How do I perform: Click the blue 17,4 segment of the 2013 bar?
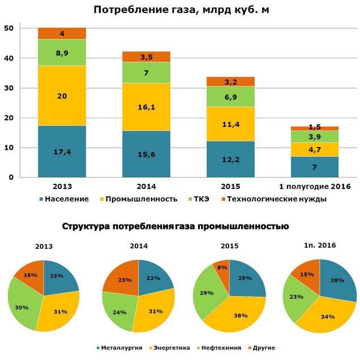62,152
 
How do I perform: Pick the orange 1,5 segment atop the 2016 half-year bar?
315,128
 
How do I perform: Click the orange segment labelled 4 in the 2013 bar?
62,33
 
